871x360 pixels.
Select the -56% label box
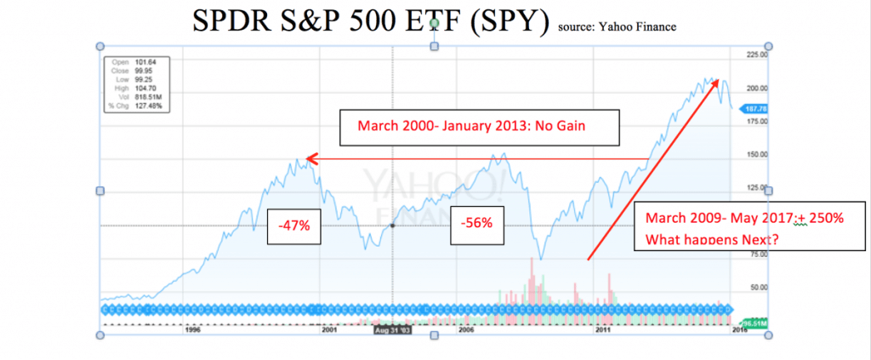pyautogui.click(x=474, y=224)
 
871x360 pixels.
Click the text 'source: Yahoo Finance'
pyautogui.click(x=617, y=26)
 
